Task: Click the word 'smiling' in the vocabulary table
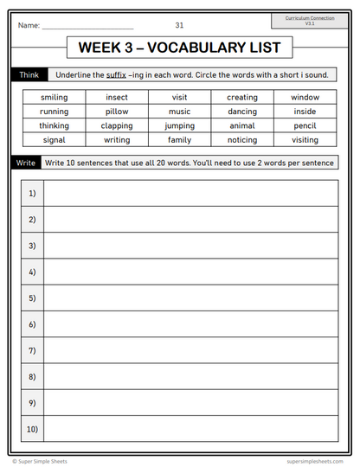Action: (54, 98)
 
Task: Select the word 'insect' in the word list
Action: (117, 98)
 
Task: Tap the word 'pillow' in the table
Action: (117, 112)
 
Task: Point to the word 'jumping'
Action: (179, 125)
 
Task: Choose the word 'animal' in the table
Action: (242, 125)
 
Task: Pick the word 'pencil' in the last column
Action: (305, 125)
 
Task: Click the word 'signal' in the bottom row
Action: (54, 139)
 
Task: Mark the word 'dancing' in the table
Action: (242, 112)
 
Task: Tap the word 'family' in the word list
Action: (179, 139)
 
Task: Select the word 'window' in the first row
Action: (305, 98)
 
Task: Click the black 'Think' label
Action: (25, 75)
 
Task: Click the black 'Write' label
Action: (25, 163)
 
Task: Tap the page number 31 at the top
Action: (179, 25)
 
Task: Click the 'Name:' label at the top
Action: (29, 26)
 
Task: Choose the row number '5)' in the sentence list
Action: (32, 298)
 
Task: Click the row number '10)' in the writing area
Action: (32, 429)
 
